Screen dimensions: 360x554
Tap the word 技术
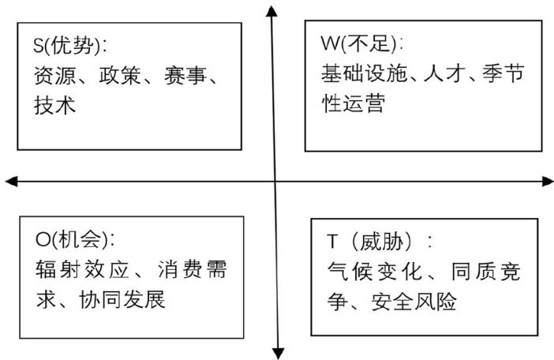click(54, 104)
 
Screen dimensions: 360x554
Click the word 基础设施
click(364, 74)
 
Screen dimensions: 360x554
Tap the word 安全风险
click(414, 302)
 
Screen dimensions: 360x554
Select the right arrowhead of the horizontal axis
click(547, 182)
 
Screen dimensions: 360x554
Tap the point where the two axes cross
click(275, 182)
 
